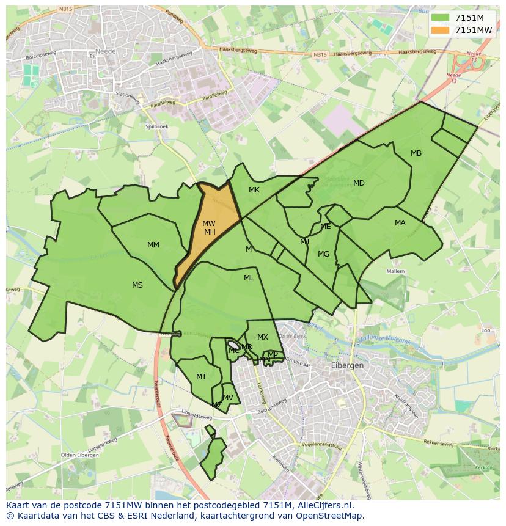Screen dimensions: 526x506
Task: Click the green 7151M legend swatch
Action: [x=440, y=18]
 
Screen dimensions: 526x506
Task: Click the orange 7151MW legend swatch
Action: [x=440, y=30]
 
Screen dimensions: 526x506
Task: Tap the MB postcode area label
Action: [x=416, y=153]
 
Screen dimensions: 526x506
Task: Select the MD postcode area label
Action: [x=359, y=183]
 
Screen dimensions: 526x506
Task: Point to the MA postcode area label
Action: [x=400, y=223]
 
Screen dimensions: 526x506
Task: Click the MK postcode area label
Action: [x=254, y=190]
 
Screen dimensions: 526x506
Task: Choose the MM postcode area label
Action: [x=153, y=245]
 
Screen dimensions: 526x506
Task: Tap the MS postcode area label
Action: [x=137, y=285]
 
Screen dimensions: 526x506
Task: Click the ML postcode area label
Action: [x=249, y=278]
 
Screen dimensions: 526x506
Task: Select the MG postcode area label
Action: [x=324, y=254]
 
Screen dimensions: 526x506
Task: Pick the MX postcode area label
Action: [x=263, y=337]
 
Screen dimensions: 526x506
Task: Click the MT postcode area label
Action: [x=202, y=377]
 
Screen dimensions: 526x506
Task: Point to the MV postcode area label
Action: [x=228, y=398]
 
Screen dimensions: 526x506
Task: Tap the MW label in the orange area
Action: [x=209, y=224]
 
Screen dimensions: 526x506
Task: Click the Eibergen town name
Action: [x=347, y=365]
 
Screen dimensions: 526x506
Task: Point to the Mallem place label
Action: [x=396, y=271]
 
